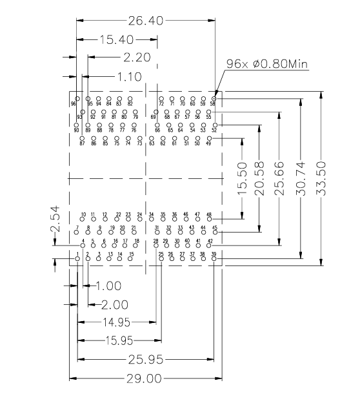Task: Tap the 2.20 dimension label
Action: pos(136,58)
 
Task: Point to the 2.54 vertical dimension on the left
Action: pos(55,219)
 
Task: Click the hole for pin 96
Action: pos(77,97)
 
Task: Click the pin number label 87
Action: pos(83,143)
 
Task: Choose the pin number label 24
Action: pos(139,214)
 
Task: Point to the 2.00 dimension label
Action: pos(115,304)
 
